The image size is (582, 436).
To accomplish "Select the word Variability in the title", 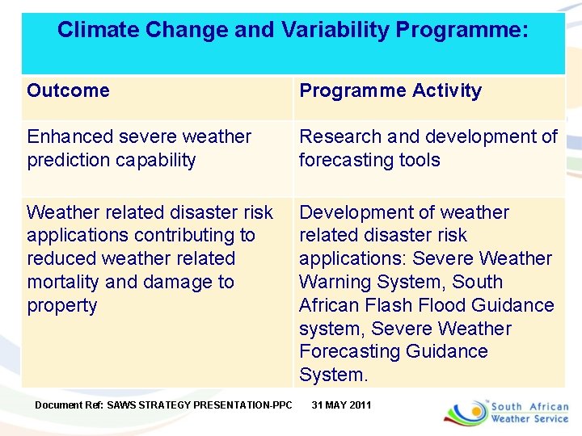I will (335, 31).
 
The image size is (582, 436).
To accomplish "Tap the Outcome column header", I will (68, 90).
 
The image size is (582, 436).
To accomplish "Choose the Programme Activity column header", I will (390, 90).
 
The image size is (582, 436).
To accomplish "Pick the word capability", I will (155, 160).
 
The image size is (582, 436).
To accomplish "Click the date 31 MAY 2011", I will (341, 405).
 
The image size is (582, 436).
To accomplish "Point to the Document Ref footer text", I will (163, 405).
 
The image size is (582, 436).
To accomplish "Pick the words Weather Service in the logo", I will (529, 419).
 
